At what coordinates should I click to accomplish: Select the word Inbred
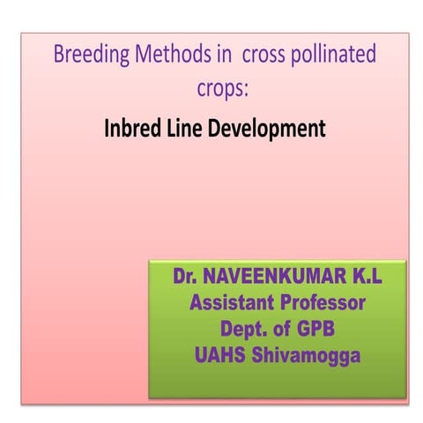point(131,129)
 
